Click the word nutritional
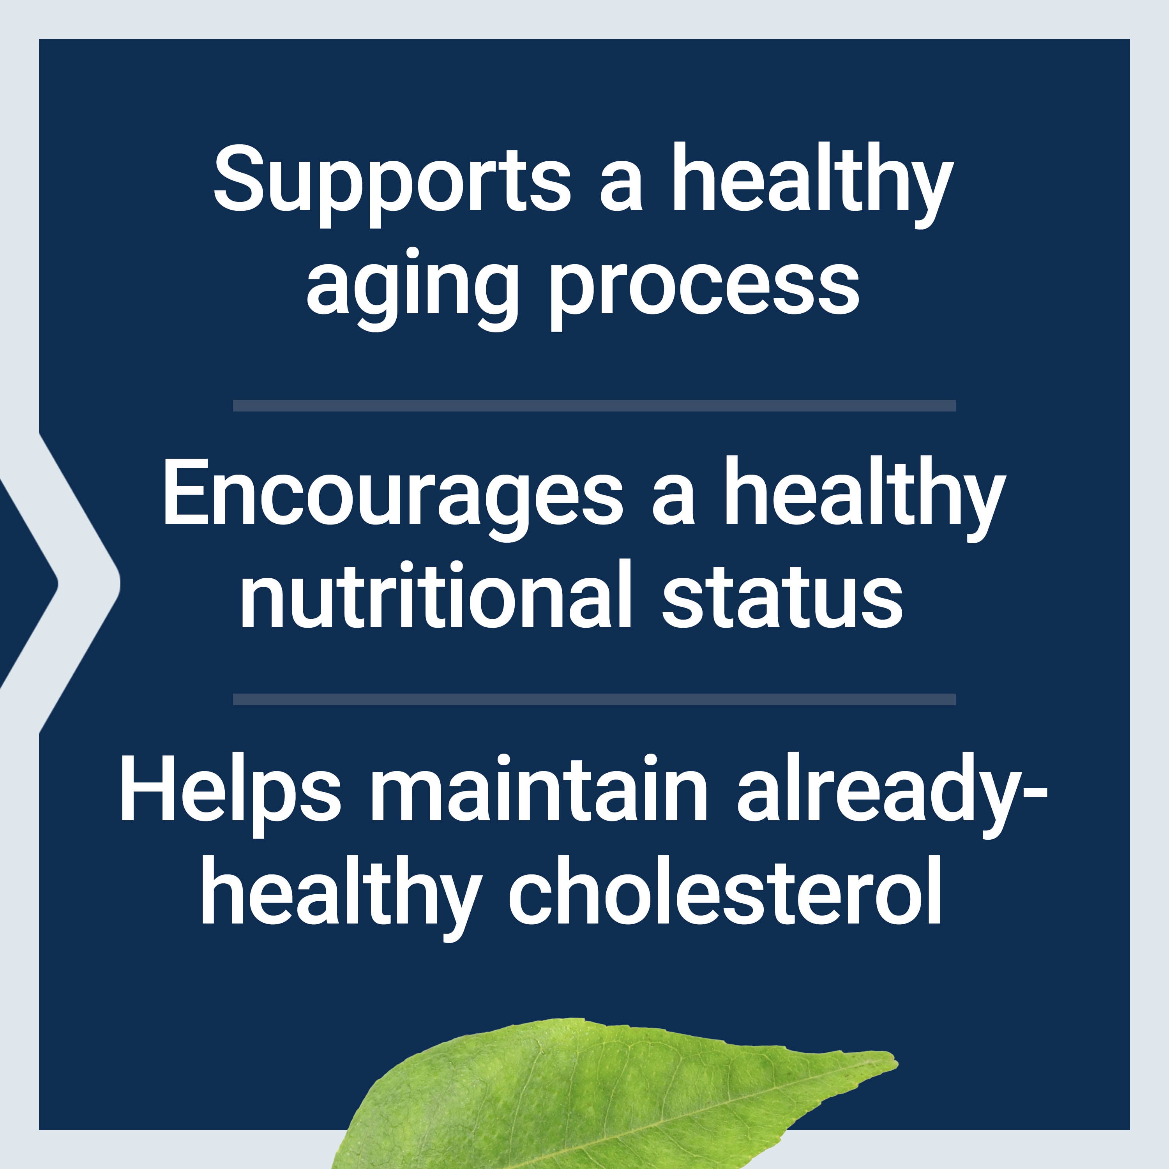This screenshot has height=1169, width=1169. [436, 593]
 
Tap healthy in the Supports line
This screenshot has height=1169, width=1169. [812, 185]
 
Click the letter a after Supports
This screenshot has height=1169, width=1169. [622, 193]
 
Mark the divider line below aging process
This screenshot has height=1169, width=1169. [594, 405]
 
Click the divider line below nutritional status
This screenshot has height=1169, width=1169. [594, 699]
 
